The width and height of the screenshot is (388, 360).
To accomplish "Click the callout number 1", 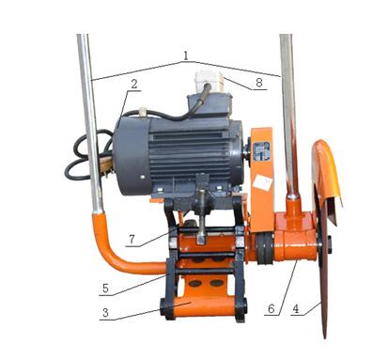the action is click(186, 55).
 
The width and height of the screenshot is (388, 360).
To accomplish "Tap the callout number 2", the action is click(134, 85).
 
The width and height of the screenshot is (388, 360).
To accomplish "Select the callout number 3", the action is click(105, 312).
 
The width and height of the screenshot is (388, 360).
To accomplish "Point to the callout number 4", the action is click(295, 309).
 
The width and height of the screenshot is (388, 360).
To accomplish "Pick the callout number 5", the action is click(105, 288).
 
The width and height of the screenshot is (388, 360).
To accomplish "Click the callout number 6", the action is click(272, 309).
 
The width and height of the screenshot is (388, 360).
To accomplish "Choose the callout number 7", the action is click(132, 239).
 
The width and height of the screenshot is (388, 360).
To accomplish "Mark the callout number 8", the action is click(259, 83).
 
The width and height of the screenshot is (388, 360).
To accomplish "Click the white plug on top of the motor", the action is click(209, 81).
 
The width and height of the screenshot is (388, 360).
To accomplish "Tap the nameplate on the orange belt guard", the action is click(261, 151).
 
